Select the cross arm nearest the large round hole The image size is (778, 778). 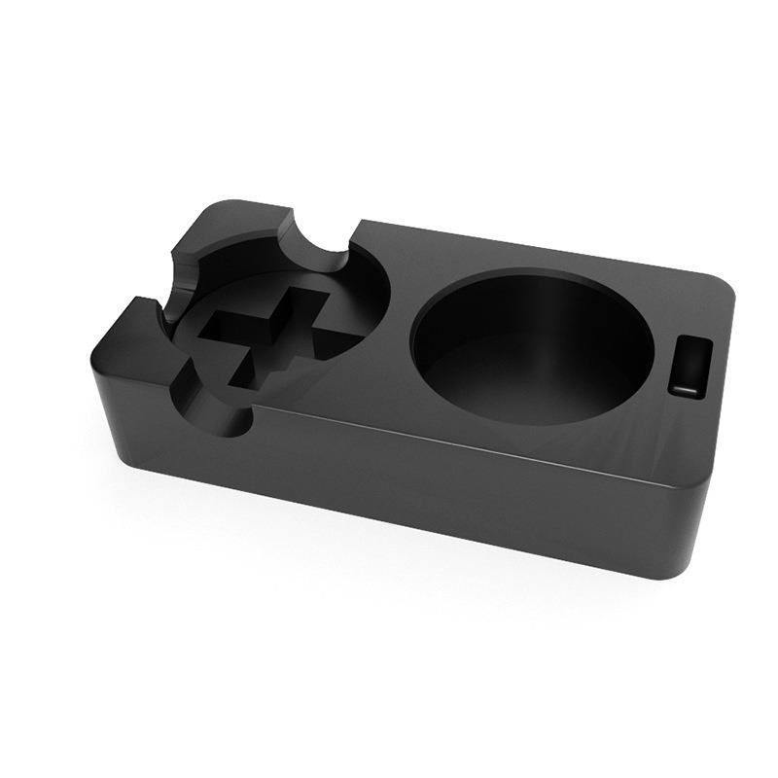336,336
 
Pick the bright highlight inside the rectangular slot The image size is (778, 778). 687,387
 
